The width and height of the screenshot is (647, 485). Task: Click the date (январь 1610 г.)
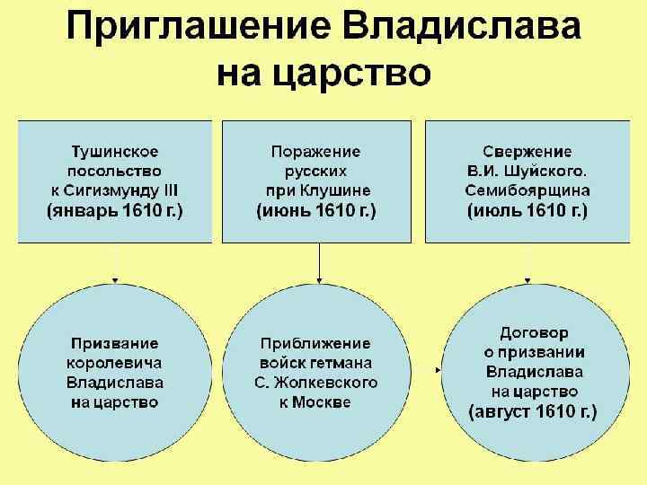coord(115,211)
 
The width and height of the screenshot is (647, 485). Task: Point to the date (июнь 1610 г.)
coord(316,211)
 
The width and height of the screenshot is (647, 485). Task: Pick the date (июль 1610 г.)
coord(527,211)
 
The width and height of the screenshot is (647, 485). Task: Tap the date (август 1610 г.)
coord(534,412)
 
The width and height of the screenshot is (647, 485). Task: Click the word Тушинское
coord(115,150)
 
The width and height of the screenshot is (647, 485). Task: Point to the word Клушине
coord(338,190)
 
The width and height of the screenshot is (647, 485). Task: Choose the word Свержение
coord(527,150)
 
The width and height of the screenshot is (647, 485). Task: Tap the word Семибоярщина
coord(527,190)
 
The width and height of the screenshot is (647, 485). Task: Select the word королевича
coord(115,363)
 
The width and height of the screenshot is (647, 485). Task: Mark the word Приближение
coord(315,343)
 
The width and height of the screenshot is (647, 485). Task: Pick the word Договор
coord(534,332)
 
